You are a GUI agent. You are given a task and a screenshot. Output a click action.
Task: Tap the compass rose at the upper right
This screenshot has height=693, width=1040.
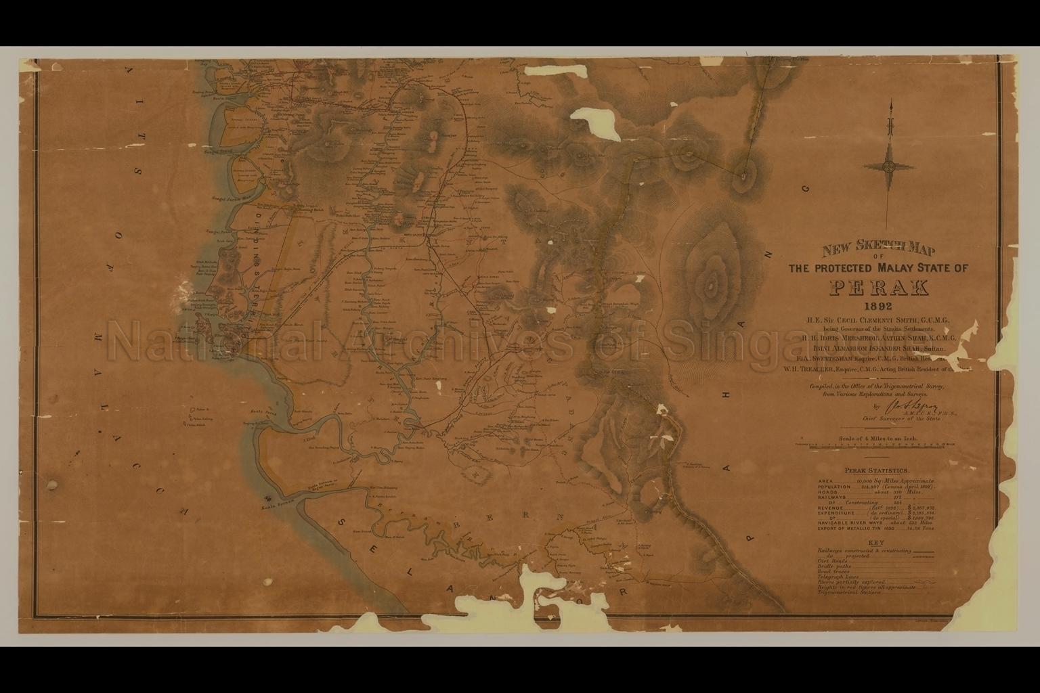point(889,166)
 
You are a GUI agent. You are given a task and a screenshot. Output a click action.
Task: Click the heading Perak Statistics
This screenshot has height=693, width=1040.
point(876,470)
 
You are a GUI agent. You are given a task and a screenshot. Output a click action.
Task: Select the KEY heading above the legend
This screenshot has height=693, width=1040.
point(875,543)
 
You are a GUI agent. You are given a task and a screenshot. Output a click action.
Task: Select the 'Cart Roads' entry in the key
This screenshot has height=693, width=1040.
point(833,562)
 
